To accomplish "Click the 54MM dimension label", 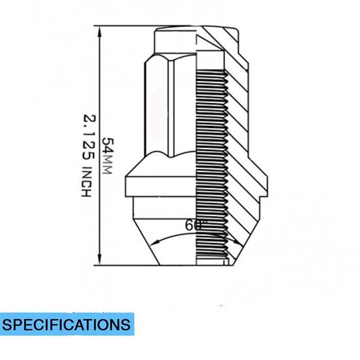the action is pyautogui.click(x=107, y=156).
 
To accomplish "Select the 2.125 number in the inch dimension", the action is pyautogui.click(x=89, y=137).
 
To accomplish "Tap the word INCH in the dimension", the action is pyautogui.click(x=87, y=182).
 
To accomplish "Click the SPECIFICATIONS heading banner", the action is pyautogui.click(x=67, y=324).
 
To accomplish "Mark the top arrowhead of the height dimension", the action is pyautogui.click(x=99, y=32).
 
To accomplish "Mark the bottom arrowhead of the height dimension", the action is pyautogui.click(x=99, y=259).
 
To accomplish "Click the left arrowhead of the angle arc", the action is pyautogui.click(x=156, y=242).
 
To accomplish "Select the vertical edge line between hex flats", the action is pyautogui.click(x=171, y=109).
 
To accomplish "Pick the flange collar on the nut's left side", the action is pyautogui.click(x=161, y=187).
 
